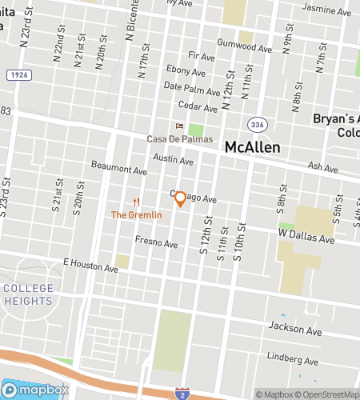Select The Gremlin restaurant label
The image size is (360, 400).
tap(136, 215)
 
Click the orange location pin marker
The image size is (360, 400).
tap(181, 198)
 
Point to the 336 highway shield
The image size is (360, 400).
tap(257, 125)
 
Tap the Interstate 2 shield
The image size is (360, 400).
tap(182, 392)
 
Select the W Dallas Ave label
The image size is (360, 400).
tap(306, 238)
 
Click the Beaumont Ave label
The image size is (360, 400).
tap(119, 170)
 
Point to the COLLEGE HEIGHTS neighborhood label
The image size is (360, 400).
tap(28, 294)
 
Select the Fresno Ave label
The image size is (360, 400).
tap(156, 240)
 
